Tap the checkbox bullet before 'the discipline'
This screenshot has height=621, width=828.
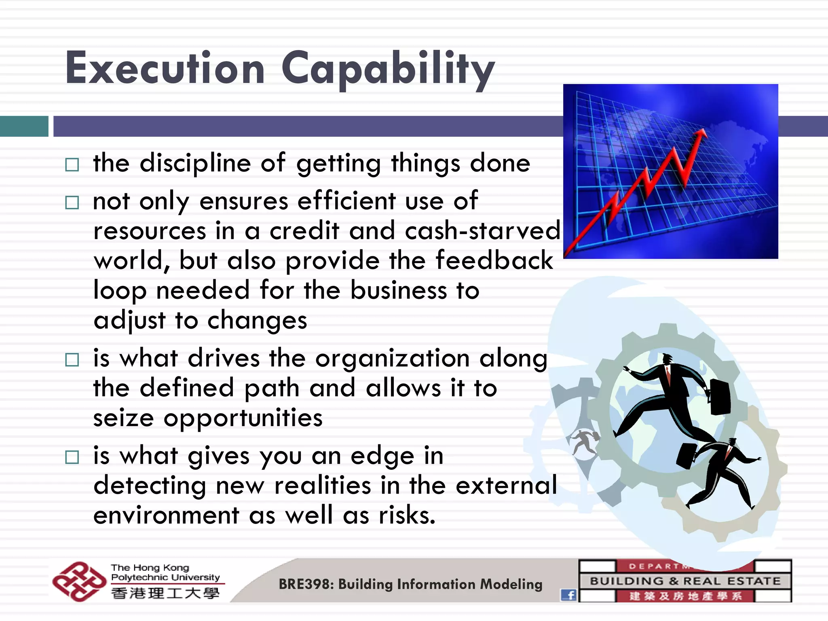tap(72, 165)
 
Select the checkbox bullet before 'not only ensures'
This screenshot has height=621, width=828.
tap(72, 202)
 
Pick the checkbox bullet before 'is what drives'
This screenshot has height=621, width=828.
tap(72, 359)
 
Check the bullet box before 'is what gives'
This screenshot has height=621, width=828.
tap(72, 457)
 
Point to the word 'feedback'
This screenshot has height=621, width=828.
tap(494, 260)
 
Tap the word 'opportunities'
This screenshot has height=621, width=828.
tap(243, 418)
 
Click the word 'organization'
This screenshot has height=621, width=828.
tap(392, 359)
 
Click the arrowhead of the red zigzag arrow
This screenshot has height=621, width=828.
tap(702, 135)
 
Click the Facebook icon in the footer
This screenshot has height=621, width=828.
tap(568, 595)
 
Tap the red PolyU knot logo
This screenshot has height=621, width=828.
tap(78, 581)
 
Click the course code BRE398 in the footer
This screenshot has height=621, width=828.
tap(305, 585)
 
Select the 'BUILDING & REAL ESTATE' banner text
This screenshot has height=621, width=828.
tap(685, 581)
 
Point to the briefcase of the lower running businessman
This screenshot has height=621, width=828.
tap(686, 456)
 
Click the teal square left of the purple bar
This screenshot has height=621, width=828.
tap(24, 126)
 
